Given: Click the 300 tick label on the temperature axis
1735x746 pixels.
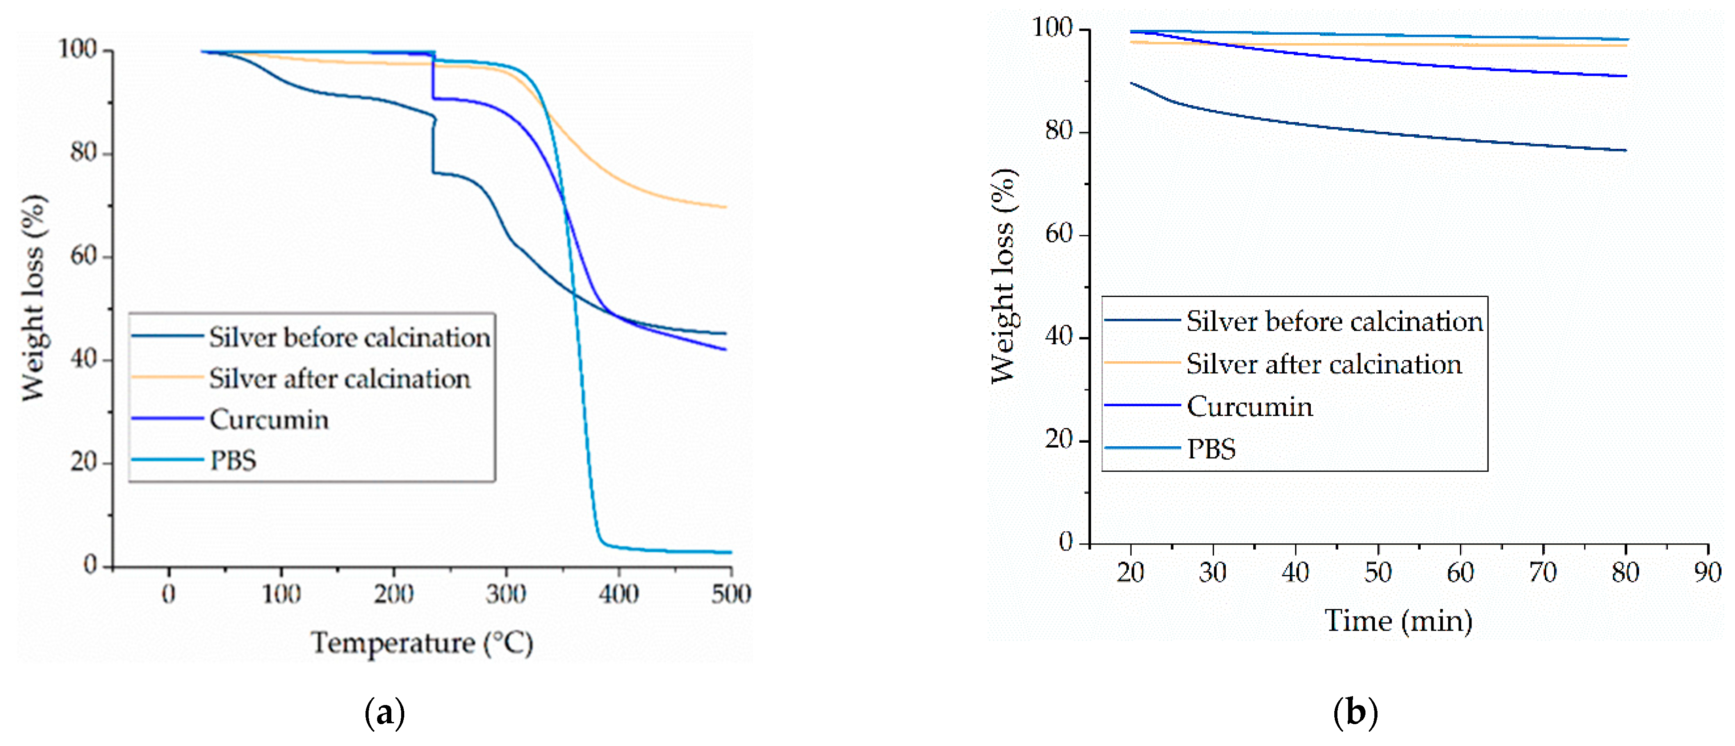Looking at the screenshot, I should point(506,595).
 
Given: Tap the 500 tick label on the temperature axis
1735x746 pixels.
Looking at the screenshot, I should point(731,595).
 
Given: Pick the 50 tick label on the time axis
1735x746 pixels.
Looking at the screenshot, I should point(1377,573).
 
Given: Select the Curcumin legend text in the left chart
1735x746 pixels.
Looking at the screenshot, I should point(269,420).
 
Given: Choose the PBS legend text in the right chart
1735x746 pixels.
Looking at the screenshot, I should point(1211,449).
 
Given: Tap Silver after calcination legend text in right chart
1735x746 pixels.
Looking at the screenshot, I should point(1324,365).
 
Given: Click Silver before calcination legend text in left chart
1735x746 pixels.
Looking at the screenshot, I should point(349,338).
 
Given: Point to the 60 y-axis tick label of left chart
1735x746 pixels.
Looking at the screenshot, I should point(84,256).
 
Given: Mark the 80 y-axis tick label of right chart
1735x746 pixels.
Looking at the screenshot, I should point(1059,131).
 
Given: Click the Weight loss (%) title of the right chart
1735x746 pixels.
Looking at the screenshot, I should point(1004,276).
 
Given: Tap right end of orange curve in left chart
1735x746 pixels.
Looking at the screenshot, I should point(725,207).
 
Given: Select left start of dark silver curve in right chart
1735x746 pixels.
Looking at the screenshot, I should point(1132,83).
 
